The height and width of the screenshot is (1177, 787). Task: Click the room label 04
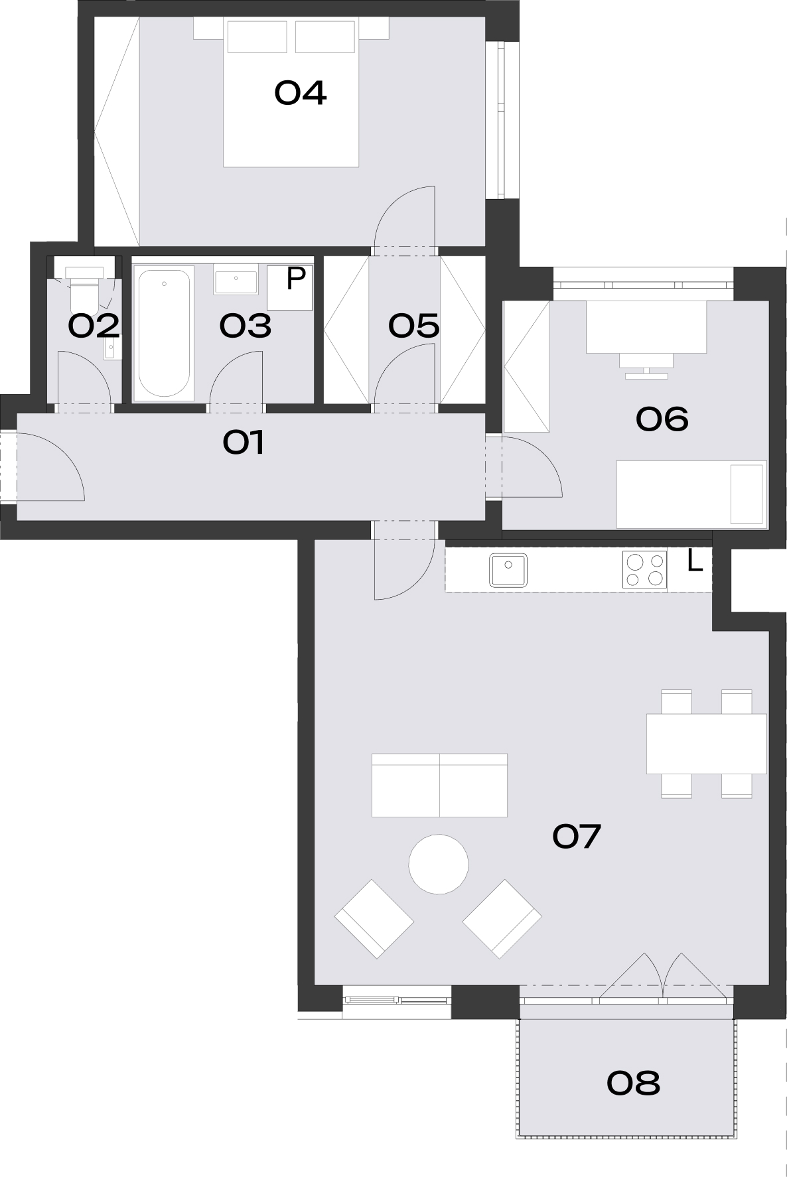click(300, 93)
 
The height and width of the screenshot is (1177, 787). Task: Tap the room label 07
click(576, 836)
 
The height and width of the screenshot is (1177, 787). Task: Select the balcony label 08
click(633, 1083)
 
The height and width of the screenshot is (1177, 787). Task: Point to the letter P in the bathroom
click(295, 279)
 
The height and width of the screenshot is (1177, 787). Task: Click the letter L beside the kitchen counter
click(695, 563)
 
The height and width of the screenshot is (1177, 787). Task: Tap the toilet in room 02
click(84, 289)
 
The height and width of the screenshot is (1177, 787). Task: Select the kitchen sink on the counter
click(508, 570)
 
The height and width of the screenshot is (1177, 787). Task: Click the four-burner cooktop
click(644, 570)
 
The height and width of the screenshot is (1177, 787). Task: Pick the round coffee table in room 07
click(439, 864)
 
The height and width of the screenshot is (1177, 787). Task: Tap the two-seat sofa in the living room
click(439, 785)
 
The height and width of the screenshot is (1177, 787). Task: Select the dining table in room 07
click(707, 743)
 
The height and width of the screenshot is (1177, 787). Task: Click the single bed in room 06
click(691, 494)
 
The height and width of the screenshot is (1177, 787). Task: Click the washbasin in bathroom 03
click(236, 279)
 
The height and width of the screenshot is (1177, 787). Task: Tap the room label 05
click(414, 326)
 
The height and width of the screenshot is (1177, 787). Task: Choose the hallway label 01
click(244, 443)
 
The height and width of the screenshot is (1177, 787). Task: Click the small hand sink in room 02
click(111, 348)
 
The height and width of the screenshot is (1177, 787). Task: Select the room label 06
click(662, 419)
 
